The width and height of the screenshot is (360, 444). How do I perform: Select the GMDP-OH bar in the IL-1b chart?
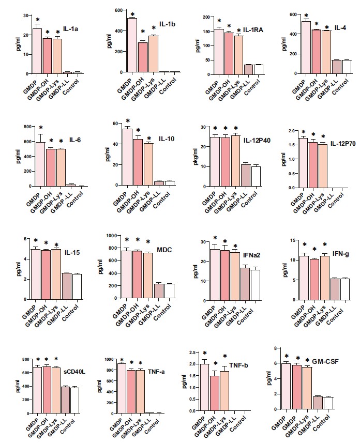click(143, 57)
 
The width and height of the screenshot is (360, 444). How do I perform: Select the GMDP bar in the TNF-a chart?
click(122, 388)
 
